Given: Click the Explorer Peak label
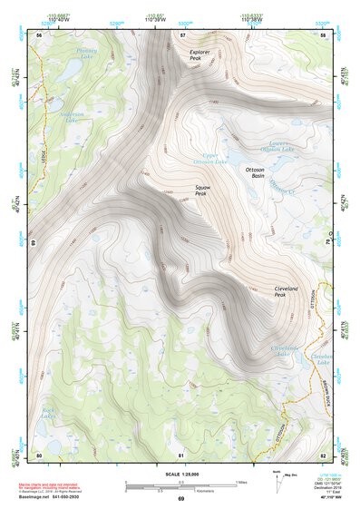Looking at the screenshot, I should click(201, 54).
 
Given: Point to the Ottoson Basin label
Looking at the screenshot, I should click(260, 172).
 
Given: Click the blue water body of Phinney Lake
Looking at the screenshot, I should click(68, 68).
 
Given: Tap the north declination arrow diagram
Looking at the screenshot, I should click(276, 481).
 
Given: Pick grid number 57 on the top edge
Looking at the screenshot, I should click(182, 34).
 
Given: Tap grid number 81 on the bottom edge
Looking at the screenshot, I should click(181, 454).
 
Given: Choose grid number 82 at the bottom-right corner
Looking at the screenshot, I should click(323, 454).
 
